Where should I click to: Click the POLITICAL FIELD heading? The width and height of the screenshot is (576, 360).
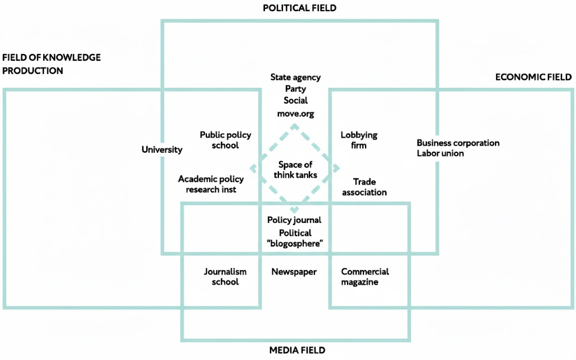click(299, 8)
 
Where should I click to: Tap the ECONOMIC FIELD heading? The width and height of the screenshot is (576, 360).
click(533, 77)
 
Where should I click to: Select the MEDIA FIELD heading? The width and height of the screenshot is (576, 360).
click(297, 350)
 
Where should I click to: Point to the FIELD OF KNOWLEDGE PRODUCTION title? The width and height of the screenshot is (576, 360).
click(52, 64)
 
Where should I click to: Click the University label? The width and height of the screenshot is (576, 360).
click(162, 150)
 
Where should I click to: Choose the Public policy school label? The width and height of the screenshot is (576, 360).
click(226, 140)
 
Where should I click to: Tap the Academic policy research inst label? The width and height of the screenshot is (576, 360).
click(211, 184)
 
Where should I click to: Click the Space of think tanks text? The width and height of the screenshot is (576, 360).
click(295, 170)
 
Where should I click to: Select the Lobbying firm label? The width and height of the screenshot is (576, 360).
click(359, 140)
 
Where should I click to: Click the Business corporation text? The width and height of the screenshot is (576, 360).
click(458, 143)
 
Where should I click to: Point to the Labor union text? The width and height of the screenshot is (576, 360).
click(440, 153)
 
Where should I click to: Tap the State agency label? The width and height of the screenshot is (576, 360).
click(295, 78)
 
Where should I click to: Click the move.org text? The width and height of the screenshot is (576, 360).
click(295, 114)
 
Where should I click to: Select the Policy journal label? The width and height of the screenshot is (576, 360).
click(294, 220)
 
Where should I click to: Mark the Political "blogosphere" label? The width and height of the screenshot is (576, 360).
click(295, 238)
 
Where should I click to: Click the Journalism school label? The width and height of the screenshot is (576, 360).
click(225, 277)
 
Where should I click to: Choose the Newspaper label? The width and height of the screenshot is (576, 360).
click(294, 272)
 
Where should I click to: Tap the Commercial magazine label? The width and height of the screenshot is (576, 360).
click(364, 277)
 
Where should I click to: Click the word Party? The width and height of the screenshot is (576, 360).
click(295, 89)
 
